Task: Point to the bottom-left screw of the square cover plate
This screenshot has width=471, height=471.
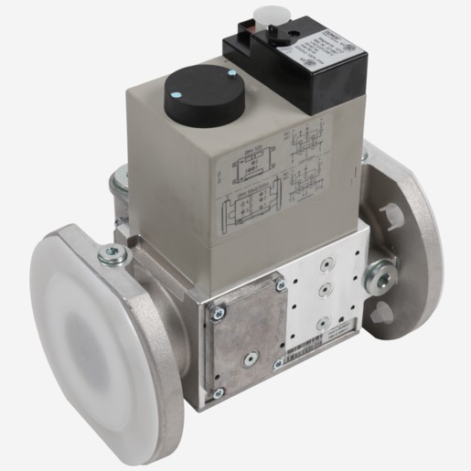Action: (218, 393)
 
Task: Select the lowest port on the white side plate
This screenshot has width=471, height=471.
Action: (322, 323)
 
